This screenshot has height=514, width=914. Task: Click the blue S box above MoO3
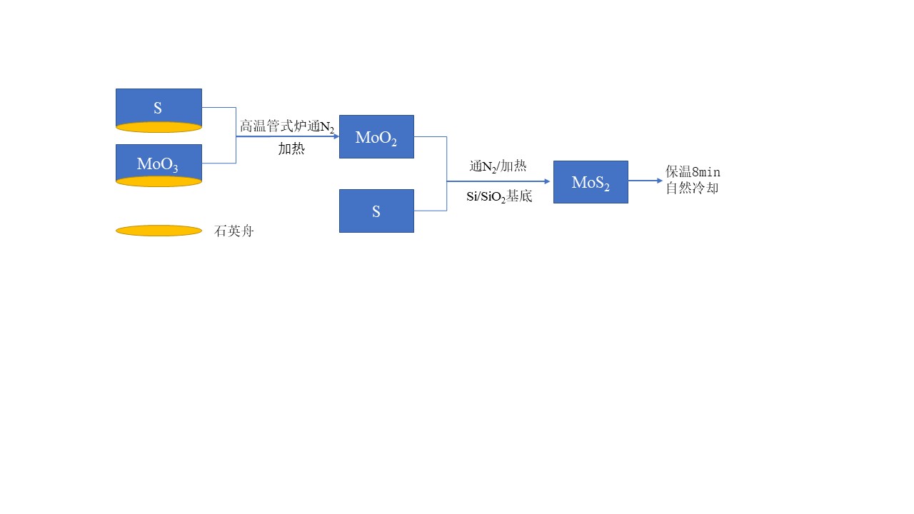click(x=159, y=107)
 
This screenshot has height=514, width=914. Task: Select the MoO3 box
click(x=159, y=162)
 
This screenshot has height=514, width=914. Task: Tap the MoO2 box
click(x=376, y=136)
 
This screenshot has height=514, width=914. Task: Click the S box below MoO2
click(x=376, y=211)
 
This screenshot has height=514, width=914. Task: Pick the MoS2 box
click(x=591, y=182)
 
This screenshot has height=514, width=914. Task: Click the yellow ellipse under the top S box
click(x=159, y=127)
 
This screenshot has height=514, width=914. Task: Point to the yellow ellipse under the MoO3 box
click(x=159, y=181)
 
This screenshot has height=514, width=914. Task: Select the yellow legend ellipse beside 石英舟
click(x=159, y=231)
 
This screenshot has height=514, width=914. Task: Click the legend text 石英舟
click(x=234, y=231)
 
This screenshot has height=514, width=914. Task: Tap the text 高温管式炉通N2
click(x=286, y=127)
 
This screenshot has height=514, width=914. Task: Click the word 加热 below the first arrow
click(x=291, y=149)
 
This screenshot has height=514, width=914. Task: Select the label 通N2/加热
click(x=498, y=166)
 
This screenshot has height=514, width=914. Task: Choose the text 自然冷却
click(x=692, y=188)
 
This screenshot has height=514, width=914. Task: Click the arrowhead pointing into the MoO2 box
click(x=335, y=136)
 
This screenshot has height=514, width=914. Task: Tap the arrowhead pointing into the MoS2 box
click(x=549, y=181)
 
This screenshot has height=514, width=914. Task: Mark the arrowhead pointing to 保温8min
click(x=660, y=181)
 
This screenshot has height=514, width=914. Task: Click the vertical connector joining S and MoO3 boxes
click(x=236, y=136)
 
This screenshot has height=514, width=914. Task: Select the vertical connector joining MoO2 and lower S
click(x=447, y=173)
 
